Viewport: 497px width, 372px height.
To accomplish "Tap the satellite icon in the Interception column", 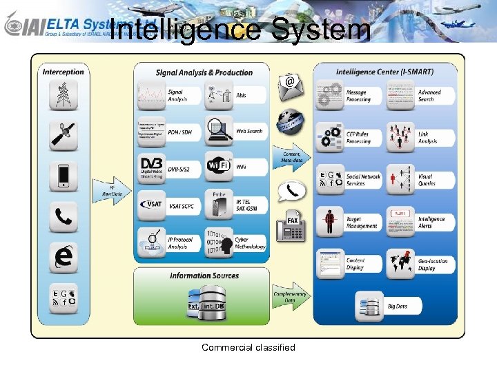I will pyautogui.click(x=64, y=136).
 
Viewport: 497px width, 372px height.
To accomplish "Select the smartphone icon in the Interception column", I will pyautogui.click(x=64, y=176).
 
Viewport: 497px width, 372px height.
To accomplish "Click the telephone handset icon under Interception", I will pyautogui.click(x=64, y=217).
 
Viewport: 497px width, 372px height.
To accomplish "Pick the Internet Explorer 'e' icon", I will pyautogui.click(x=64, y=257).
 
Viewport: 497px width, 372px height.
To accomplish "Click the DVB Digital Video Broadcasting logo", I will pyautogui.click(x=151, y=167).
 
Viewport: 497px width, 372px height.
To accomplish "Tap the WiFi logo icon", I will pyautogui.click(x=220, y=167).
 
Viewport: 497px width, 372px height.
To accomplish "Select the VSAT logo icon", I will pyautogui.click(x=151, y=205).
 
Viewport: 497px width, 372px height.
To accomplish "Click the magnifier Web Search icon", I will pyautogui.click(x=220, y=130).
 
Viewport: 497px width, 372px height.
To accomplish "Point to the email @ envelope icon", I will pyautogui.click(x=291, y=85).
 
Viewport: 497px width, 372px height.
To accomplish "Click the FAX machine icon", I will pyautogui.click(x=291, y=228).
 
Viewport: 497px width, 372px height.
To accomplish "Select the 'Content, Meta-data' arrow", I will pyautogui.click(x=292, y=156).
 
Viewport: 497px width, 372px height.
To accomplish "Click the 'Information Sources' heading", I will pyautogui.click(x=204, y=276).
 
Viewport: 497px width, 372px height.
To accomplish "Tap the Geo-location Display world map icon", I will pyautogui.click(x=400, y=264).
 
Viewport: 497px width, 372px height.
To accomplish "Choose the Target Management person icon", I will pyautogui.click(x=330, y=222).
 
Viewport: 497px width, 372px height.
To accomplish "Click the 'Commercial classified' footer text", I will pyautogui.click(x=248, y=347).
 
